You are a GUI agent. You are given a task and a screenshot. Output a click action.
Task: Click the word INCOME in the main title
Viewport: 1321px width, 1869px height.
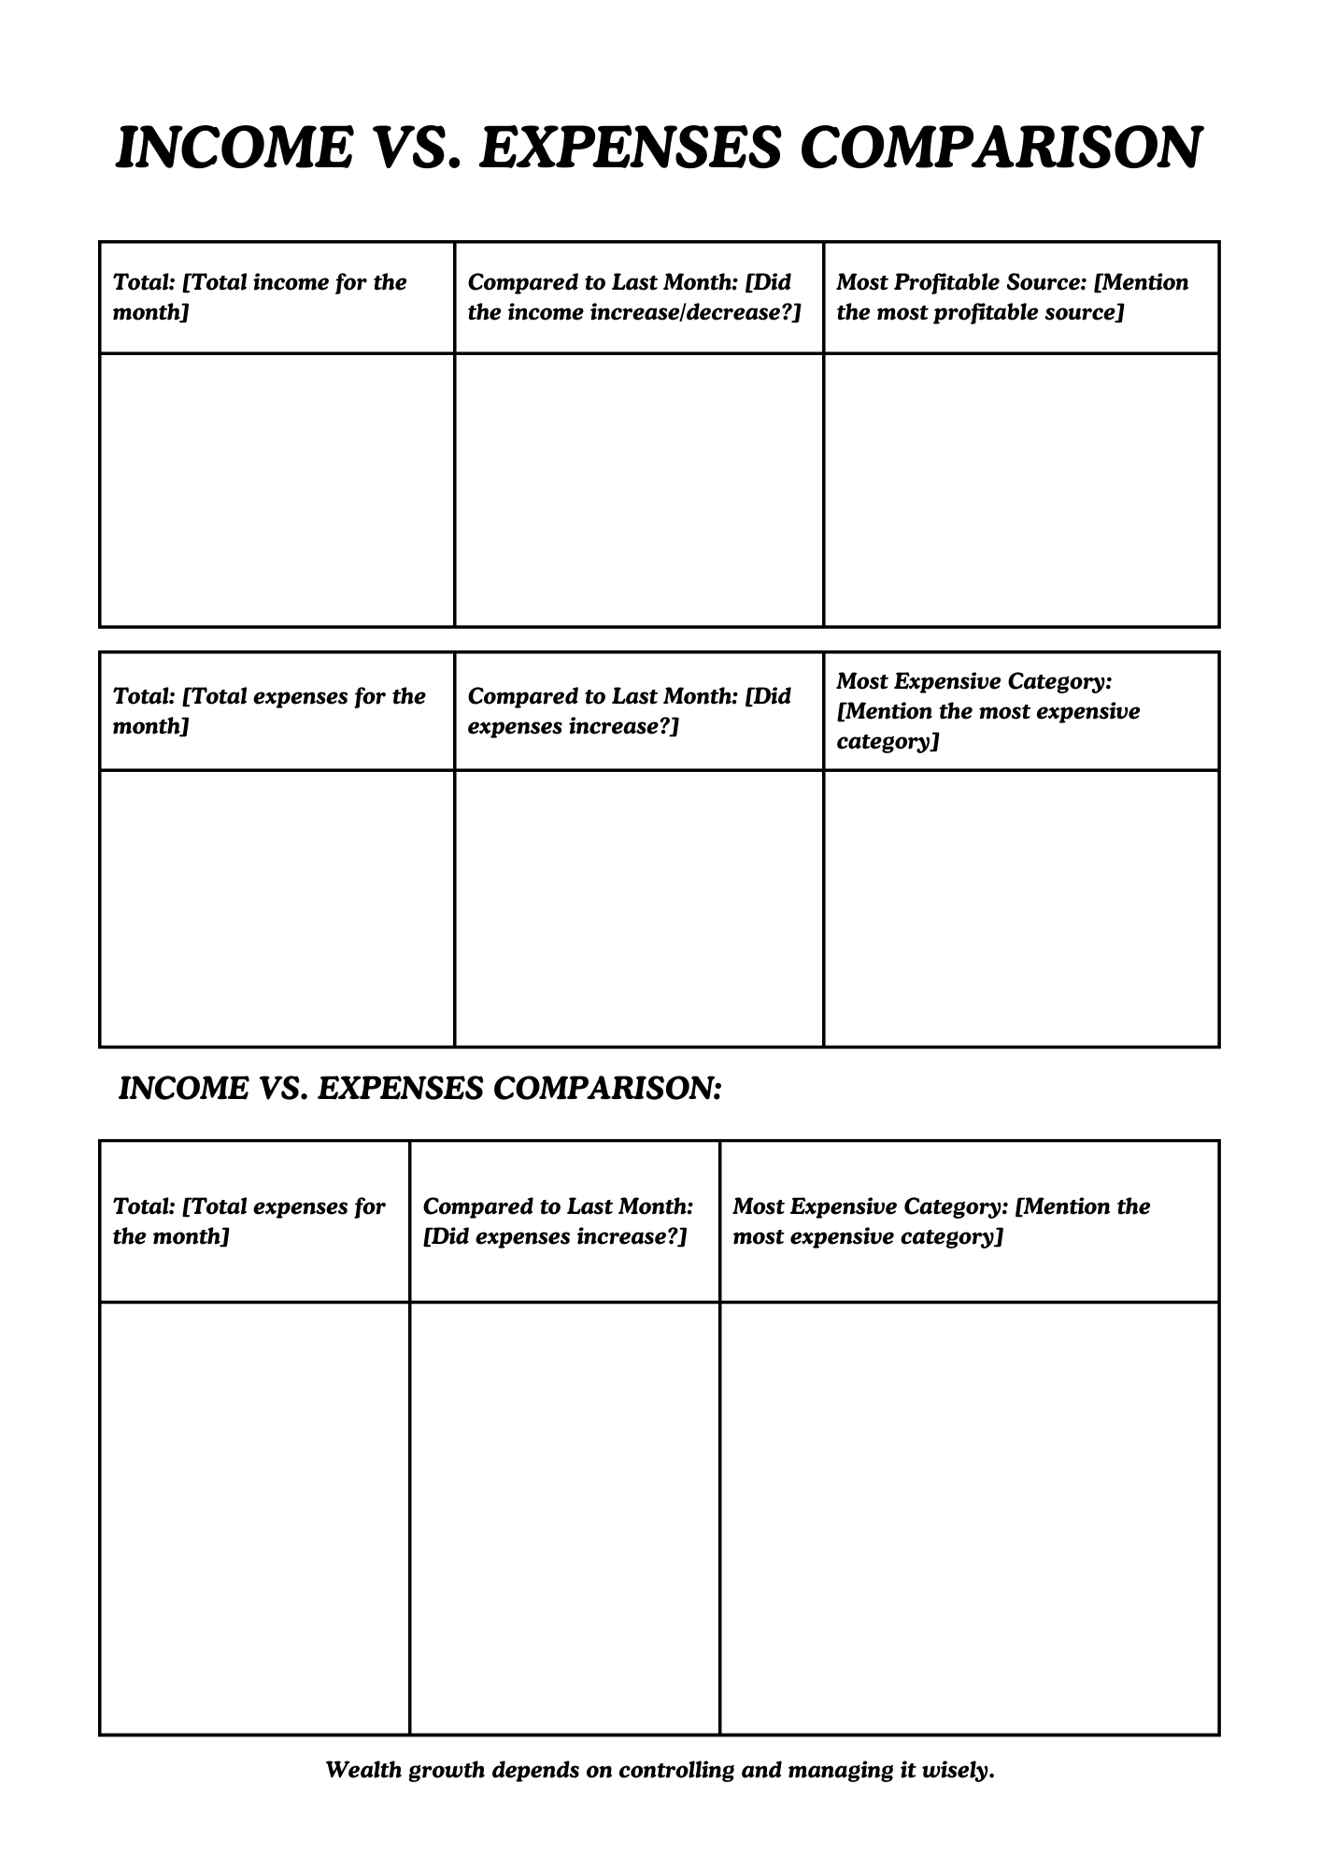click(x=234, y=148)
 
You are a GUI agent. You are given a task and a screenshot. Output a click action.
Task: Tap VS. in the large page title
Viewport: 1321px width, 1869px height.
click(x=417, y=148)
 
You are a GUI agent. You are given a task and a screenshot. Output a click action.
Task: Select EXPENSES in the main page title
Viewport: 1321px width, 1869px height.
click(x=630, y=148)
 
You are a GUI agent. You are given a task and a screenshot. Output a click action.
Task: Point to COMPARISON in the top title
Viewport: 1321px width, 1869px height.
click(x=1001, y=148)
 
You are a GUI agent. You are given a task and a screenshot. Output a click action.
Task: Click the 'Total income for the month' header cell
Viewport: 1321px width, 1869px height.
click(x=277, y=297)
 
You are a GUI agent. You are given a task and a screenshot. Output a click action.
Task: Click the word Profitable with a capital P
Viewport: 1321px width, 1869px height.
click(x=945, y=282)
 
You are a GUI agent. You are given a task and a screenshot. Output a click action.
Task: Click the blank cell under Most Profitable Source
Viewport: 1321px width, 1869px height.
click(x=1021, y=490)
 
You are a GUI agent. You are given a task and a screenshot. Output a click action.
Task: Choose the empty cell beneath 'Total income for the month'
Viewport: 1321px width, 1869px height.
click(x=277, y=490)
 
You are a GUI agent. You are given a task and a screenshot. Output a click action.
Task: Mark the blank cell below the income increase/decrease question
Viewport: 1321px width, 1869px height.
click(x=639, y=490)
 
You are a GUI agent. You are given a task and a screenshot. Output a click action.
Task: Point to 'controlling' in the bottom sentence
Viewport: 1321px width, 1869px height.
click(x=677, y=1769)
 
